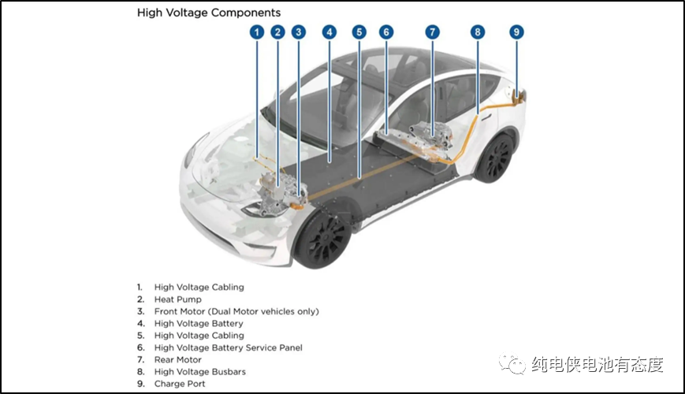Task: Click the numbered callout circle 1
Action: point(256,32)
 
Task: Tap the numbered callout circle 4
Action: point(329,32)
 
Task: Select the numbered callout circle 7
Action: point(432,32)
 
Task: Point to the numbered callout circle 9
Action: point(516,32)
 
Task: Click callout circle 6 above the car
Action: point(385,32)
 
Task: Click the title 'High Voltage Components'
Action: point(209,13)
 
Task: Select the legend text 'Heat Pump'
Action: point(177,299)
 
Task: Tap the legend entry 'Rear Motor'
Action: point(177,359)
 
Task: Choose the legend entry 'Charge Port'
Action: point(180,384)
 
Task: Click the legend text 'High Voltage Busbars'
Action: point(199,372)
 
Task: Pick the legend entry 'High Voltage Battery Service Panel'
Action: point(228,348)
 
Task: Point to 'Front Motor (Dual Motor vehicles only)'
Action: point(236,311)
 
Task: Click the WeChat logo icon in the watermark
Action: point(517,364)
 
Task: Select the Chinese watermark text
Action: point(597,365)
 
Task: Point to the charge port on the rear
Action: point(518,95)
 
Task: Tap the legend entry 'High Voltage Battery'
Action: point(199,323)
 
